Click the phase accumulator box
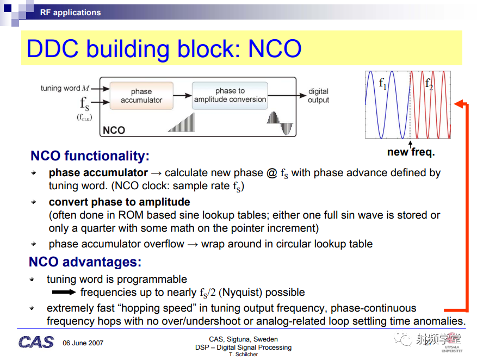[x=141, y=96]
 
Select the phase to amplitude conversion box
[x=230, y=95]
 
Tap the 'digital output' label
[x=318, y=96]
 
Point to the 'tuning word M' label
[x=65, y=88]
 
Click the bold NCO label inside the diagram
[x=114, y=130]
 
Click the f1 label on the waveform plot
[x=382, y=83]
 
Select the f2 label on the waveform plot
[x=429, y=83]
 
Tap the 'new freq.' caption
[x=411, y=152]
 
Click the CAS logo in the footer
[x=36, y=343]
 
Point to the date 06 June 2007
[x=83, y=343]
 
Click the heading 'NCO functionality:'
[x=90, y=156]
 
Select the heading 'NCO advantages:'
[x=85, y=262]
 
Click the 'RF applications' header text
[x=70, y=13]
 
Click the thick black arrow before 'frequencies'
[x=64, y=292]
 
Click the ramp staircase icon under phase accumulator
[x=181, y=122]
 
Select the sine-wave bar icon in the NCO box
[x=280, y=123]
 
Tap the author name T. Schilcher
[x=243, y=355]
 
